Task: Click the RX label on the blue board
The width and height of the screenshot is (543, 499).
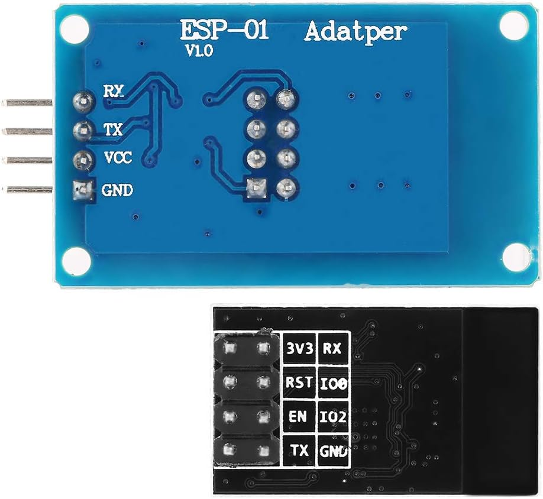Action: [x=113, y=92]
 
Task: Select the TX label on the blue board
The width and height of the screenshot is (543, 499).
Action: [x=113, y=129]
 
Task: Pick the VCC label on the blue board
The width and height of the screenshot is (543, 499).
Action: [x=118, y=158]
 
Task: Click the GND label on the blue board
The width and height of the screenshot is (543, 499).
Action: [x=118, y=190]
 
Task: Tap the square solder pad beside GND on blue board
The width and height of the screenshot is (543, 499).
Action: [x=82, y=190]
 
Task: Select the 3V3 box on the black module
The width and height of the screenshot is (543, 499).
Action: [x=299, y=348]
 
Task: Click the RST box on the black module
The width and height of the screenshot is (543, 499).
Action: [x=299, y=383]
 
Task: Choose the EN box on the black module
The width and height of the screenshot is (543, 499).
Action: [x=299, y=416]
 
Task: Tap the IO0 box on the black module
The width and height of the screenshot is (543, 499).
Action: [x=334, y=384]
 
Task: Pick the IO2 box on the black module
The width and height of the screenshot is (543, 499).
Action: [x=334, y=417]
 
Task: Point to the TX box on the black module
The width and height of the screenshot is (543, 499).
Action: [x=300, y=451]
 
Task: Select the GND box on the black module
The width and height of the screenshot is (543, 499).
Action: [x=334, y=452]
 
